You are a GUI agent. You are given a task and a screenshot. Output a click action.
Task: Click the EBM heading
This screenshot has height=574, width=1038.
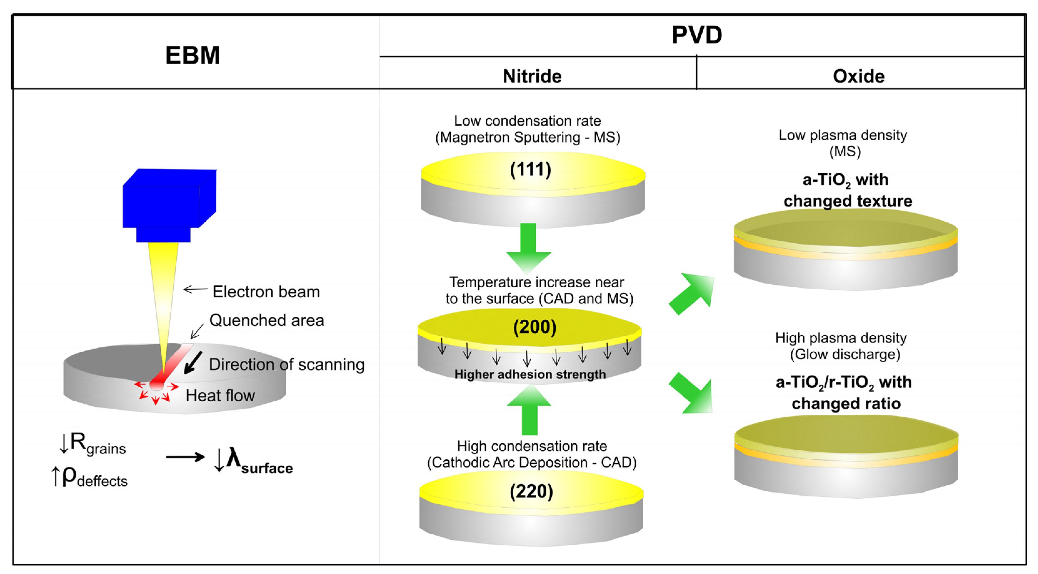pyautogui.click(x=193, y=55)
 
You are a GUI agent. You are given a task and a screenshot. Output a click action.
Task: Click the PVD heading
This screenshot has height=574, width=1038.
pyautogui.click(x=697, y=35)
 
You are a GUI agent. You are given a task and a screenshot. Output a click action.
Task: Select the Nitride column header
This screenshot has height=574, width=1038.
pyautogui.click(x=532, y=76)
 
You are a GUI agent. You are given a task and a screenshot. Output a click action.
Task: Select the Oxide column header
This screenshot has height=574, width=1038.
pyautogui.click(x=858, y=76)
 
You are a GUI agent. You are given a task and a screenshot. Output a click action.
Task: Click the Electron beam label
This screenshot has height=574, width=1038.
pyautogui.click(x=266, y=291)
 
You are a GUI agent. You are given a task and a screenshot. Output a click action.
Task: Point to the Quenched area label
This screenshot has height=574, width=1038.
pyautogui.click(x=266, y=320)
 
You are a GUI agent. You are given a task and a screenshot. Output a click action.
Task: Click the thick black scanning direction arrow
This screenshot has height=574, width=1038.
pyautogui.click(x=193, y=363)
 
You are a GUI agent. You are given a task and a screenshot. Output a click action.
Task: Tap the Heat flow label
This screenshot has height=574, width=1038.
pyautogui.click(x=220, y=395)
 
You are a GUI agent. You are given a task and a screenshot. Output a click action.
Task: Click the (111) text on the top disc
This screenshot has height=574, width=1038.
pyautogui.click(x=530, y=169)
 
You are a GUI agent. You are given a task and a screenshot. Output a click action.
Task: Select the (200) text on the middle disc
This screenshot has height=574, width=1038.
pyautogui.click(x=534, y=327)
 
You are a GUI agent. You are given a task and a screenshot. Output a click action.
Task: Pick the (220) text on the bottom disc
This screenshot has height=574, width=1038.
pyautogui.click(x=531, y=491)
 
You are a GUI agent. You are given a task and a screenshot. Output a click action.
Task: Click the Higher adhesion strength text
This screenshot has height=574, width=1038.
pyautogui.click(x=530, y=374)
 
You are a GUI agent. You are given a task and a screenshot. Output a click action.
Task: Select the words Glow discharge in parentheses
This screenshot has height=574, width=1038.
pyautogui.click(x=845, y=354)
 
